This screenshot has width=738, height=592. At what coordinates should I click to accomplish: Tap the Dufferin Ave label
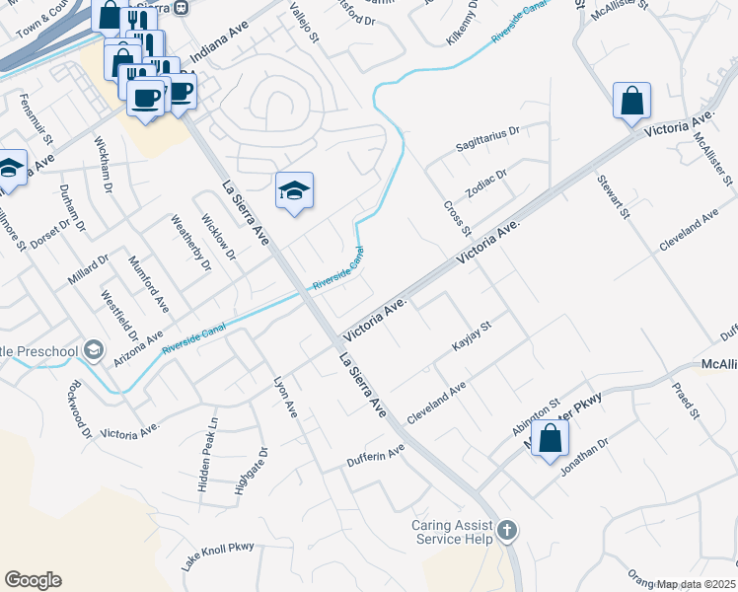[x=376, y=457]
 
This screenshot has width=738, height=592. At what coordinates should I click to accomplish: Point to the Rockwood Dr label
[x=79, y=407]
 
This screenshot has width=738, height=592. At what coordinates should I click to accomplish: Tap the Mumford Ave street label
[x=149, y=284]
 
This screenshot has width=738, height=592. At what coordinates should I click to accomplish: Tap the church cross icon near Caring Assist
[x=506, y=532]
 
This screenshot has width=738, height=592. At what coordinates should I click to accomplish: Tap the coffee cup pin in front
[x=146, y=99]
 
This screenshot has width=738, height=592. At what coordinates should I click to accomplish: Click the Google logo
[x=33, y=580]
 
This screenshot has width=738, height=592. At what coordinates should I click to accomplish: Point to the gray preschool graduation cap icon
[x=94, y=350]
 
